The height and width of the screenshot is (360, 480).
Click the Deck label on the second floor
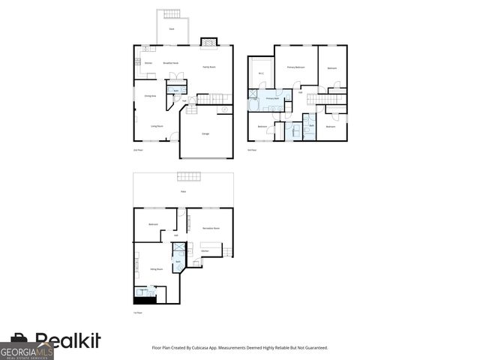(171, 28)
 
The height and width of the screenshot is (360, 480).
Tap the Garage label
(205, 133)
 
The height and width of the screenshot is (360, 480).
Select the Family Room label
(209, 67)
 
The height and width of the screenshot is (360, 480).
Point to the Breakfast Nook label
(170, 63)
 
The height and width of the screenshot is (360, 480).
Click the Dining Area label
(149, 96)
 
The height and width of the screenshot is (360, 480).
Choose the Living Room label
(157, 126)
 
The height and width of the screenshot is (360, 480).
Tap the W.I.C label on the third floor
(261, 73)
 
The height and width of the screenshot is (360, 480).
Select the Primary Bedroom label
(295, 67)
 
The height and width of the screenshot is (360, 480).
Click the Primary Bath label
(272, 98)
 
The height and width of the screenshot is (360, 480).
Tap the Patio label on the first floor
(183, 192)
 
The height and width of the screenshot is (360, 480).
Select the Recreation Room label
(211, 227)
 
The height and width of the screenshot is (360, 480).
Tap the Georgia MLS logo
(26, 350)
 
